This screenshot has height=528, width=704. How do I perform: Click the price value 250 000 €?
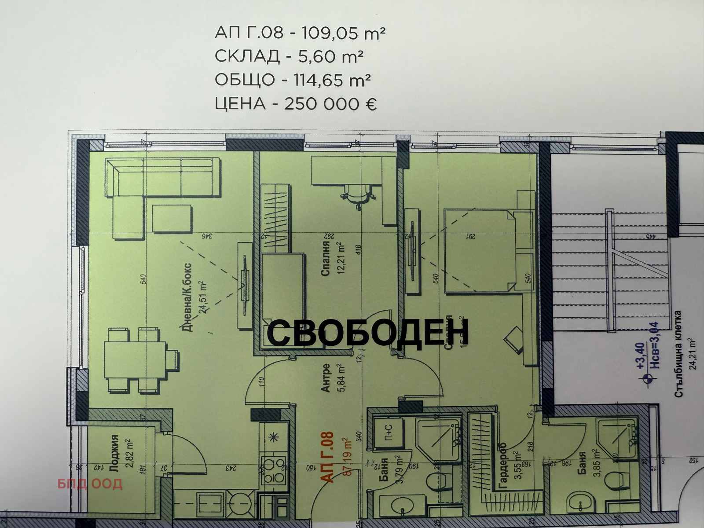point(330,104)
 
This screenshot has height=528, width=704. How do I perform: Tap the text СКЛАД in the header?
point(247,56)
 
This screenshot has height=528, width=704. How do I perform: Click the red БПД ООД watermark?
point(90,484)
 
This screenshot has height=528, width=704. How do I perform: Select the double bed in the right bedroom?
point(480,250)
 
